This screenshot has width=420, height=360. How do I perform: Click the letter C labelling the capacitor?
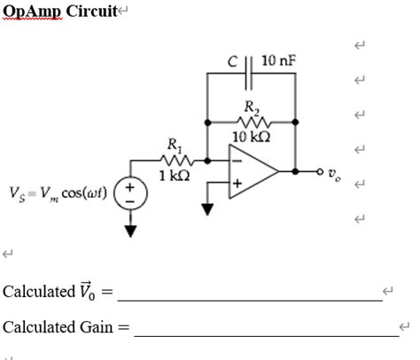[231, 61]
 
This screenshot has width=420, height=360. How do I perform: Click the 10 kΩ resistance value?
[251, 136]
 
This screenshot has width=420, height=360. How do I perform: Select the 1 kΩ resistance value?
[174, 175]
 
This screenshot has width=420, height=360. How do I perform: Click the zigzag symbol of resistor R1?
[174, 160]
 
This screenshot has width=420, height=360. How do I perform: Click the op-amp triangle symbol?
[250, 171]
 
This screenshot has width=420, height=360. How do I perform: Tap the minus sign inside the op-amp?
[237, 160]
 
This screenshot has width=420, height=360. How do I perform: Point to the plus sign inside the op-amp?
[237, 183]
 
